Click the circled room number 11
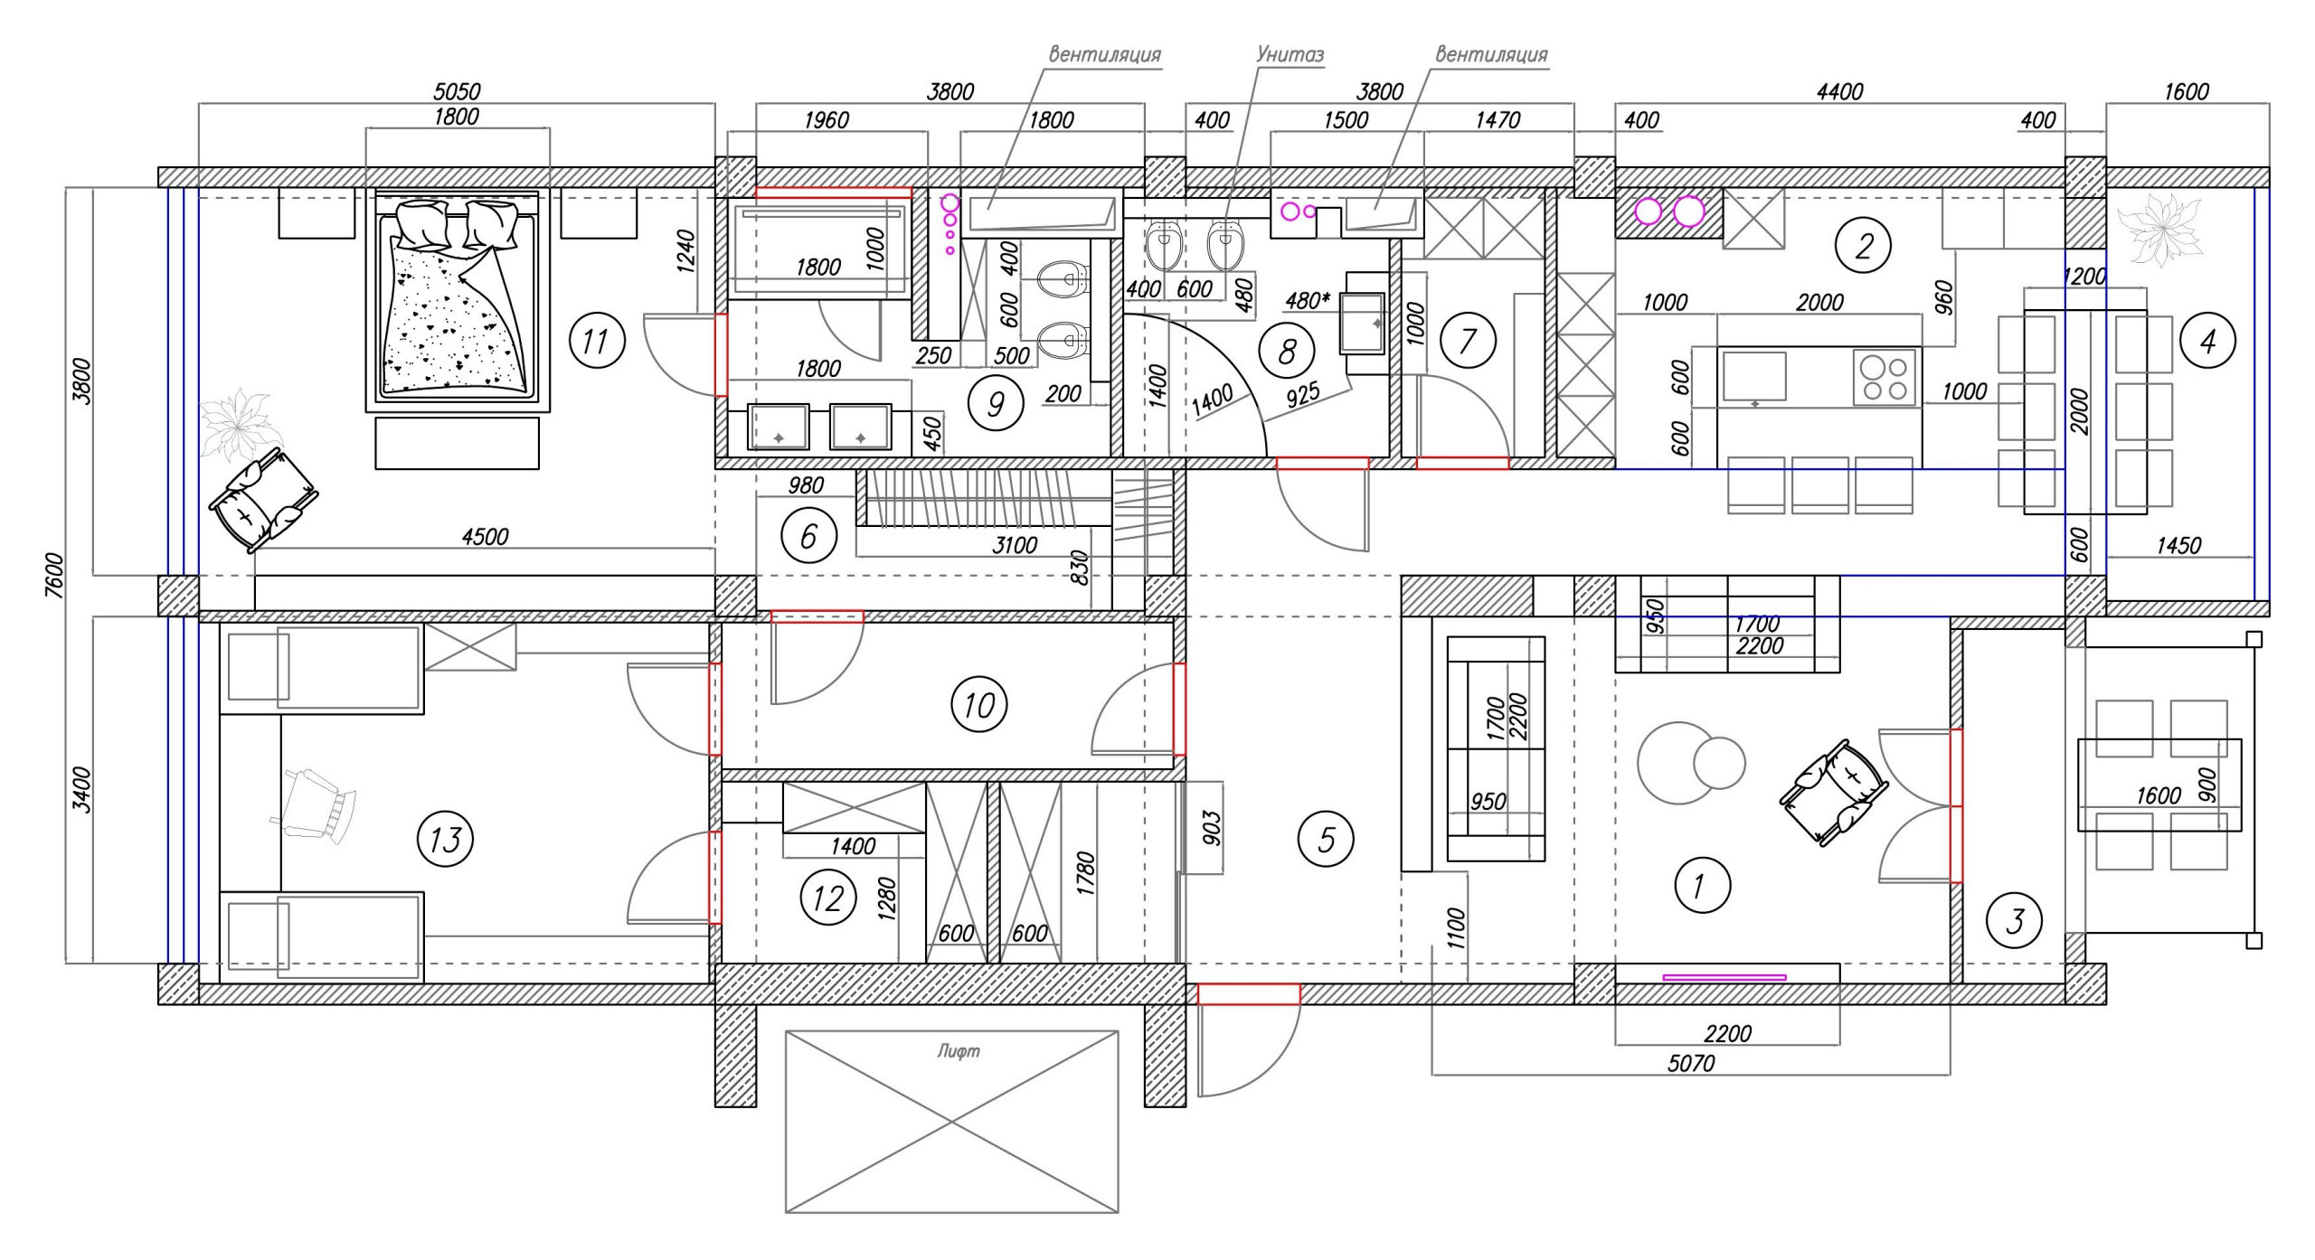(x=597, y=341)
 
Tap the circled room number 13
(x=445, y=840)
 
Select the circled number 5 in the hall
(x=1326, y=839)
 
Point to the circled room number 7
(x=1467, y=341)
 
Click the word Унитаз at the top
(x=1290, y=54)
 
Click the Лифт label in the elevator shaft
(x=959, y=1051)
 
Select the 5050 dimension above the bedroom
(x=457, y=91)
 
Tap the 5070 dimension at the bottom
(x=1691, y=1064)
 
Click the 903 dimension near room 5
(x=1213, y=827)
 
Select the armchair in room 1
(x=1834, y=792)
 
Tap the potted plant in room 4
(x=2154, y=234)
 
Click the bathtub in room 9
(x=817, y=249)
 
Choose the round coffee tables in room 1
(x=1689, y=763)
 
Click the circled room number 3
(x=2015, y=921)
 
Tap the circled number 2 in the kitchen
(x=1863, y=245)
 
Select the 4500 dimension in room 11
(x=486, y=537)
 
